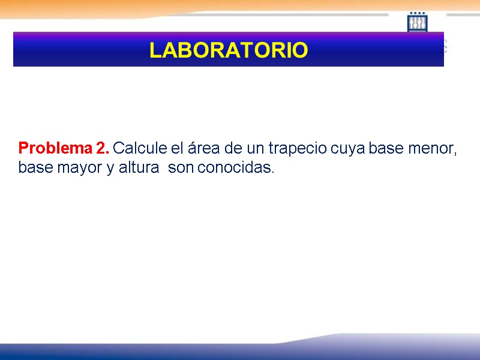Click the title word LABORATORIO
tap(229, 50)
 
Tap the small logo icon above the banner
tap(417, 22)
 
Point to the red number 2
tap(101, 148)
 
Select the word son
tap(181, 169)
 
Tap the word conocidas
tap(235, 168)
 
